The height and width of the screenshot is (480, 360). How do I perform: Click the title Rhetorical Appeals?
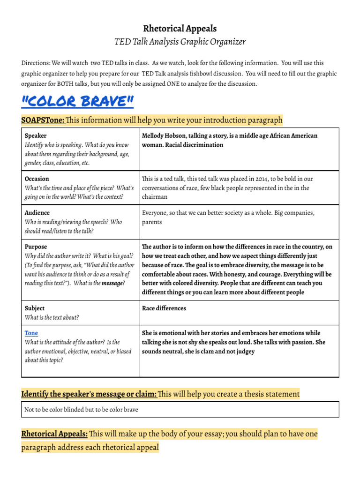click(x=180, y=29)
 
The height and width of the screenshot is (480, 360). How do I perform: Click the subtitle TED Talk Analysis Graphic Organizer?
click(x=180, y=42)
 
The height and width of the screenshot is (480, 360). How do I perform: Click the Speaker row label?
click(x=36, y=135)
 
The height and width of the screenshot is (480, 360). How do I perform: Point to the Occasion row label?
click(x=37, y=179)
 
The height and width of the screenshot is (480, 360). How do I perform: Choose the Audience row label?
click(x=37, y=213)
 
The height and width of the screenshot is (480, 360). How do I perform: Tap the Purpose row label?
click(x=36, y=247)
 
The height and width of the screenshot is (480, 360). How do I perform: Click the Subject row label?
click(x=35, y=308)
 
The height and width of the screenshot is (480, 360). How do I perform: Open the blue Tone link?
click(x=31, y=333)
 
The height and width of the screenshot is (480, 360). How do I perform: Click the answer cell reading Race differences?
click(x=164, y=308)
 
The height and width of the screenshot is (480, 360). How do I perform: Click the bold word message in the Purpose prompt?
click(x=112, y=283)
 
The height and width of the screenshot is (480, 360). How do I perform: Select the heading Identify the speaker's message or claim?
click(x=89, y=394)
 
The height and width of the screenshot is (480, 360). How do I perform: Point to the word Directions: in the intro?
click(x=36, y=63)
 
